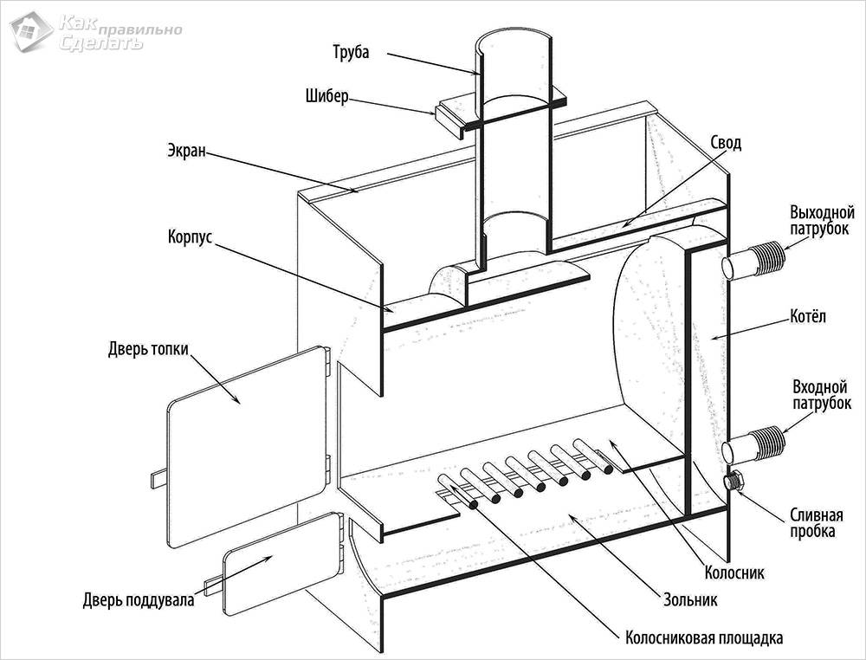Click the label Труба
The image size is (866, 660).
[350, 52]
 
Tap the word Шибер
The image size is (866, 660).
[326, 95]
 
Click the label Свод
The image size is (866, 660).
[726, 143]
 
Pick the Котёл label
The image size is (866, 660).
[809, 317]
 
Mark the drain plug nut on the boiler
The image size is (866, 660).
[737, 481]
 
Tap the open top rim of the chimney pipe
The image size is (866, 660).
[514, 40]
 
